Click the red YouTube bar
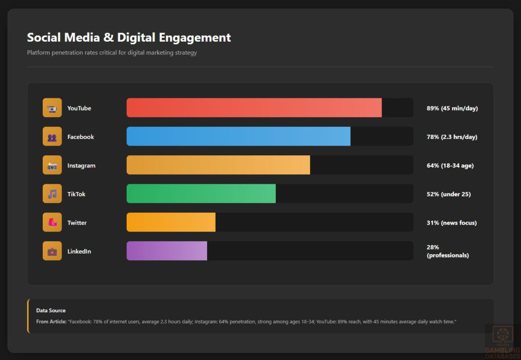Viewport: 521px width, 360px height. coord(254,108)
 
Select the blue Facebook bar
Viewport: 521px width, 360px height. coord(238,136)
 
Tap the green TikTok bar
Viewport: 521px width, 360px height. coord(201,193)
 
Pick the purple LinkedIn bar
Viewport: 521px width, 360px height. coord(167,251)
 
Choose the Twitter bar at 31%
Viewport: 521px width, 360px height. coord(171,223)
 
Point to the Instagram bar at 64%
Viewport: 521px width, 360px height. coord(218,165)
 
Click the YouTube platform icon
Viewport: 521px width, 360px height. coord(52,108)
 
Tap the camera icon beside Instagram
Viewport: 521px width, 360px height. coord(52,165)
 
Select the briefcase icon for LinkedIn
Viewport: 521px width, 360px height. coord(52,251)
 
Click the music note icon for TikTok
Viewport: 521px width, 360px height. coord(52,193)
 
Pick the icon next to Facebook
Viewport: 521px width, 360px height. coord(52,136)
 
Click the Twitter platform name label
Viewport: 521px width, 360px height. coord(77,223)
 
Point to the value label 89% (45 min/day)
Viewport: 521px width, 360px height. coord(452,108)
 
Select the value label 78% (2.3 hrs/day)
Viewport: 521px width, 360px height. coord(451,136)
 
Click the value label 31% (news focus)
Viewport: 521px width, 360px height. coord(451,223)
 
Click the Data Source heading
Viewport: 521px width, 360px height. coord(51,311)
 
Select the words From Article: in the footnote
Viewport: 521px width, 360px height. coord(51,322)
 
